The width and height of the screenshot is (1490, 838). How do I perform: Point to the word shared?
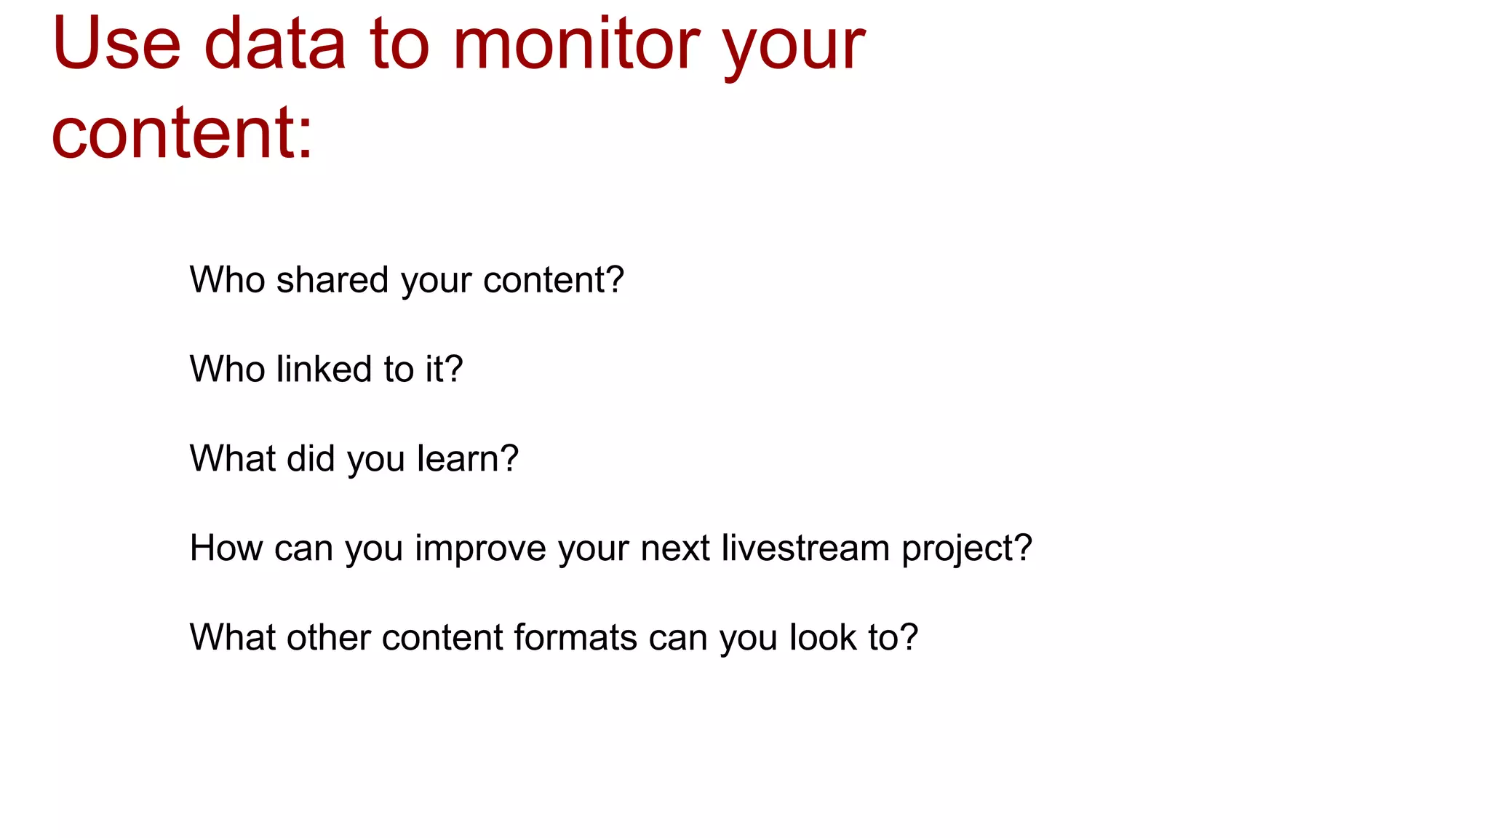pyautogui.click(x=332, y=280)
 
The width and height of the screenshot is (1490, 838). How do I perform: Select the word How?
pyautogui.click(x=226, y=548)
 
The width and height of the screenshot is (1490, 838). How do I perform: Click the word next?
pyautogui.click(x=674, y=548)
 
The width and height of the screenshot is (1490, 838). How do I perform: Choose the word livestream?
pyautogui.click(x=805, y=548)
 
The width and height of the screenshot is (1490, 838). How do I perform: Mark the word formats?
pyautogui.click(x=575, y=637)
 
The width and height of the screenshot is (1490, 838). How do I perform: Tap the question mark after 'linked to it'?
pyautogui.click(x=454, y=369)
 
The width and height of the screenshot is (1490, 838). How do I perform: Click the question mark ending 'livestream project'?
pyautogui.click(x=1024, y=548)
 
